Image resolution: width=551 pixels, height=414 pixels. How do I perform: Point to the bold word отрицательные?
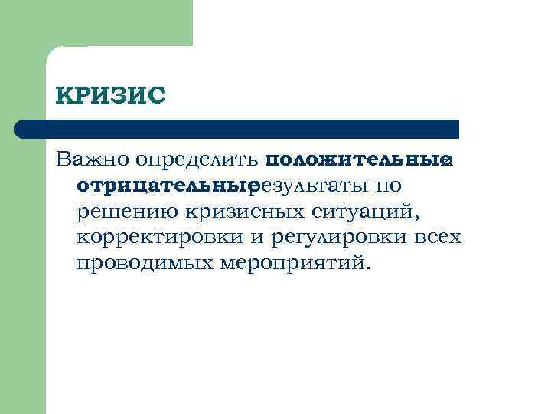[164, 186]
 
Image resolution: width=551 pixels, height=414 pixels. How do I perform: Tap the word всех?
[439, 237]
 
